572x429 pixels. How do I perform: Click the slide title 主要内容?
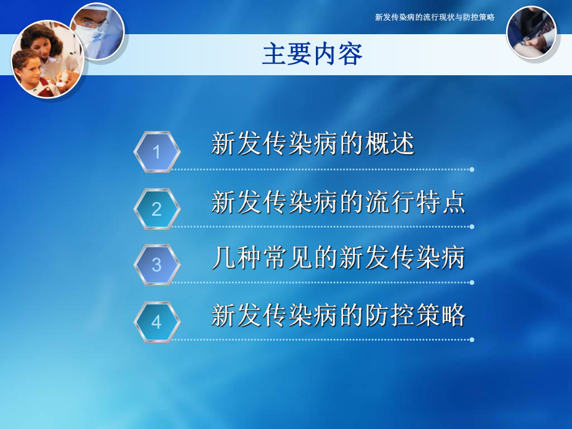[312, 55]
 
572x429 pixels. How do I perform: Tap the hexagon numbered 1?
[157, 152]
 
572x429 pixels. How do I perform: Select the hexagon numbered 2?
[157, 209]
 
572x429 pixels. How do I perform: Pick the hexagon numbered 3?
[157, 265]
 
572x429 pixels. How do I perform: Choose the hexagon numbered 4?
[157, 321]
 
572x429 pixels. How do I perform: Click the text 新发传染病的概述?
[313, 144]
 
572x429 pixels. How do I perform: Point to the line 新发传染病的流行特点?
[338, 202]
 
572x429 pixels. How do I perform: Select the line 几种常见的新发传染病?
[338, 258]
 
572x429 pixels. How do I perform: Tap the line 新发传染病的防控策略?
[338, 315]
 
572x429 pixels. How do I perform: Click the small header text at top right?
[435, 17]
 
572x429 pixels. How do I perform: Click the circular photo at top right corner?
[531, 33]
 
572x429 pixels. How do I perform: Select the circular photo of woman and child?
[47, 59]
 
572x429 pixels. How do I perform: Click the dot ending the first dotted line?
[472, 169]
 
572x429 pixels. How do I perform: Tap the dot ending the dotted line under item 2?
[472, 226]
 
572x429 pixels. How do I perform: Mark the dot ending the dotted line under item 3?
[472, 282]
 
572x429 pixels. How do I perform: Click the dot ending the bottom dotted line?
[472, 339]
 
